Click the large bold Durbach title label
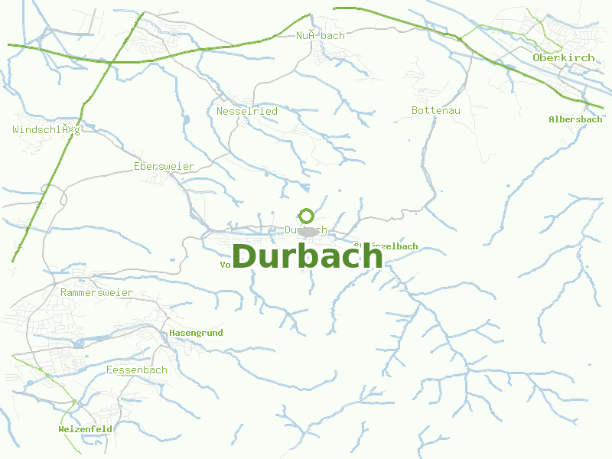pyautogui.click(x=307, y=256)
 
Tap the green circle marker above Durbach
pyautogui.click(x=307, y=216)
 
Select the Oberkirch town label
pyautogui.click(x=563, y=57)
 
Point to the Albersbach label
pyautogui.click(x=575, y=119)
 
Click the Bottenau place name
pyautogui.click(x=436, y=111)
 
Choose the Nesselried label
pyautogui.click(x=247, y=111)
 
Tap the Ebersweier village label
pyautogui.click(x=164, y=166)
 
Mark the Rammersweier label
pyautogui.click(x=96, y=292)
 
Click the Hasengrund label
pyautogui.click(x=196, y=334)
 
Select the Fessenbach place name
pyautogui.click(x=137, y=369)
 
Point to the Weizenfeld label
pyautogui.click(x=85, y=429)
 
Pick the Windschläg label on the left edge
pyautogui.click(x=46, y=129)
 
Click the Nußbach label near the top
pyautogui.click(x=321, y=35)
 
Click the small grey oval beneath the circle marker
pyautogui.click(x=308, y=231)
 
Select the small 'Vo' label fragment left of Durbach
pyautogui.click(x=225, y=265)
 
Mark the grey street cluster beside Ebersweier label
pyautogui.click(x=161, y=180)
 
